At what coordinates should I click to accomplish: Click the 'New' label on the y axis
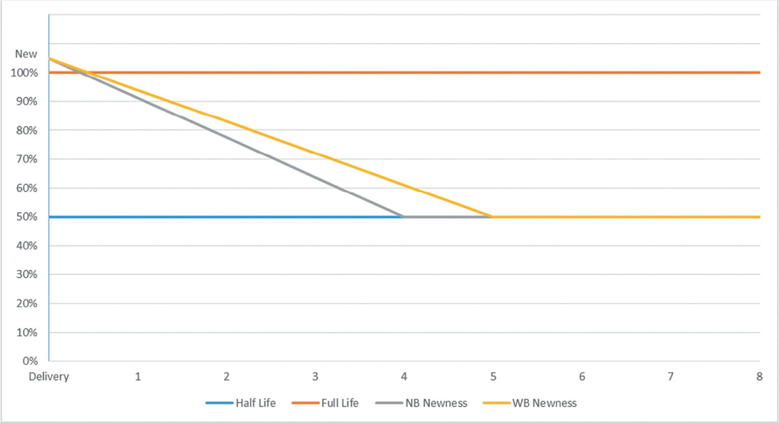tap(26, 54)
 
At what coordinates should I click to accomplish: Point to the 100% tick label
tap(24, 73)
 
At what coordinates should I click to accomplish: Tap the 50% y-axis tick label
tap(27, 217)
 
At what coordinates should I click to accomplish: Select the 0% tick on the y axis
tap(30, 361)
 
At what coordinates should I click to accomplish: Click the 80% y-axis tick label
tap(27, 130)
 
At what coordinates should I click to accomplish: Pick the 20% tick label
tap(27, 303)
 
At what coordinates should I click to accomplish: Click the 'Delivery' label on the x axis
tap(49, 377)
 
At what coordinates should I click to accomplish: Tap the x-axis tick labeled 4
tap(404, 377)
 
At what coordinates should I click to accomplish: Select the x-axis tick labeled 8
tap(759, 377)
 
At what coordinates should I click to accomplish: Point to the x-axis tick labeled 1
tap(138, 377)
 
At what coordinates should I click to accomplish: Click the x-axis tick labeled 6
tap(582, 377)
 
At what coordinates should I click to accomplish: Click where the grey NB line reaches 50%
tap(403, 217)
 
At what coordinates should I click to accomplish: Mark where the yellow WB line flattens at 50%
tap(492, 217)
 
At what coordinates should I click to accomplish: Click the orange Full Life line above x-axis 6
tap(582, 73)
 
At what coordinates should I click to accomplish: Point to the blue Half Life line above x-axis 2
tap(227, 217)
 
